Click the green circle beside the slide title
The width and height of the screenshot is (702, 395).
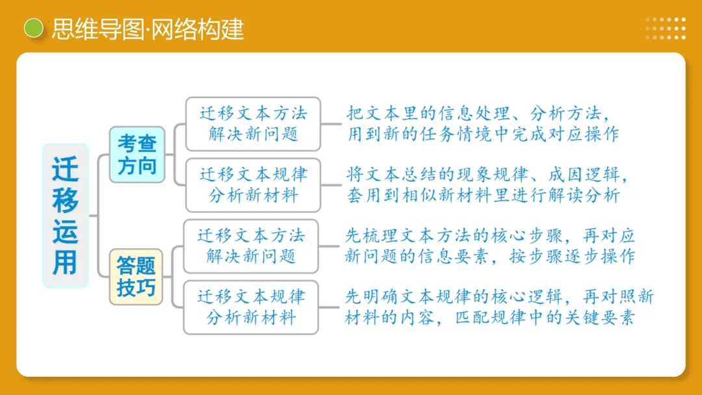33,28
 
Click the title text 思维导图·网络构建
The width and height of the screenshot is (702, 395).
148,29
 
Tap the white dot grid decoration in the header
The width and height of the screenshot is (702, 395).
662,29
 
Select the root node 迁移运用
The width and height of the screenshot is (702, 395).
65,216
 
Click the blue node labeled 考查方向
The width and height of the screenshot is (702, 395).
136,155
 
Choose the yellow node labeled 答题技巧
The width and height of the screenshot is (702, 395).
136,276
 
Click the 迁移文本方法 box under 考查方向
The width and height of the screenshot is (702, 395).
253,123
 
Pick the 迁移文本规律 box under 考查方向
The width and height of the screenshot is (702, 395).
253,185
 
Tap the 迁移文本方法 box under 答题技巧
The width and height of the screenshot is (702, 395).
251,246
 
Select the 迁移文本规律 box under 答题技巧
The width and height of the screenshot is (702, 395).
251,307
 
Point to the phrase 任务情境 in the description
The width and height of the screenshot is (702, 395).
473,134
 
